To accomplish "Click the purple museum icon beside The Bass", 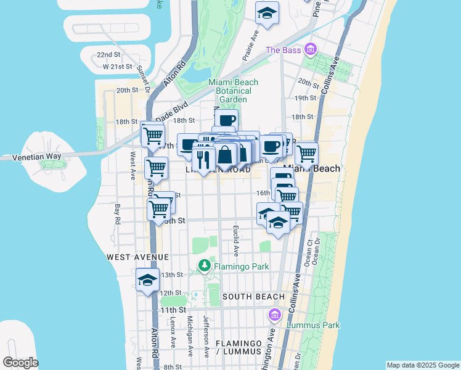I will pyautogui.click(x=310, y=49).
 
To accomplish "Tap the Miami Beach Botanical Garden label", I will pyautogui.click(x=233, y=91).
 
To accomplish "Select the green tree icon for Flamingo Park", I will pyautogui.click(x=205, y=266).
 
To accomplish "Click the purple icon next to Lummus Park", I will pyautogui.click(x=275, y=315).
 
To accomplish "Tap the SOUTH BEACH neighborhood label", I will pyautogui.click(x=253, y=297).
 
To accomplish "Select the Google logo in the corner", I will pyautogui.click(x=20, y=363).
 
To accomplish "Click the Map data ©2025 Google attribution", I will pyautogui.click(x=422, y=365).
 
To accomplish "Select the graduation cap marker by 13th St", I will pyautogui.click(x=147, y=280).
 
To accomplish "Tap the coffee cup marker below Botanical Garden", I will pyautogui.click(x=227, y=120).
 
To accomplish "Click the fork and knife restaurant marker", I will pyautogui.click(x=203, y=159).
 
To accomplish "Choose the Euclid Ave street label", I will pyautogui.click(x=235, y=241).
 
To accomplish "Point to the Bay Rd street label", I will pyautogui.click(x=116, y=213).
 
